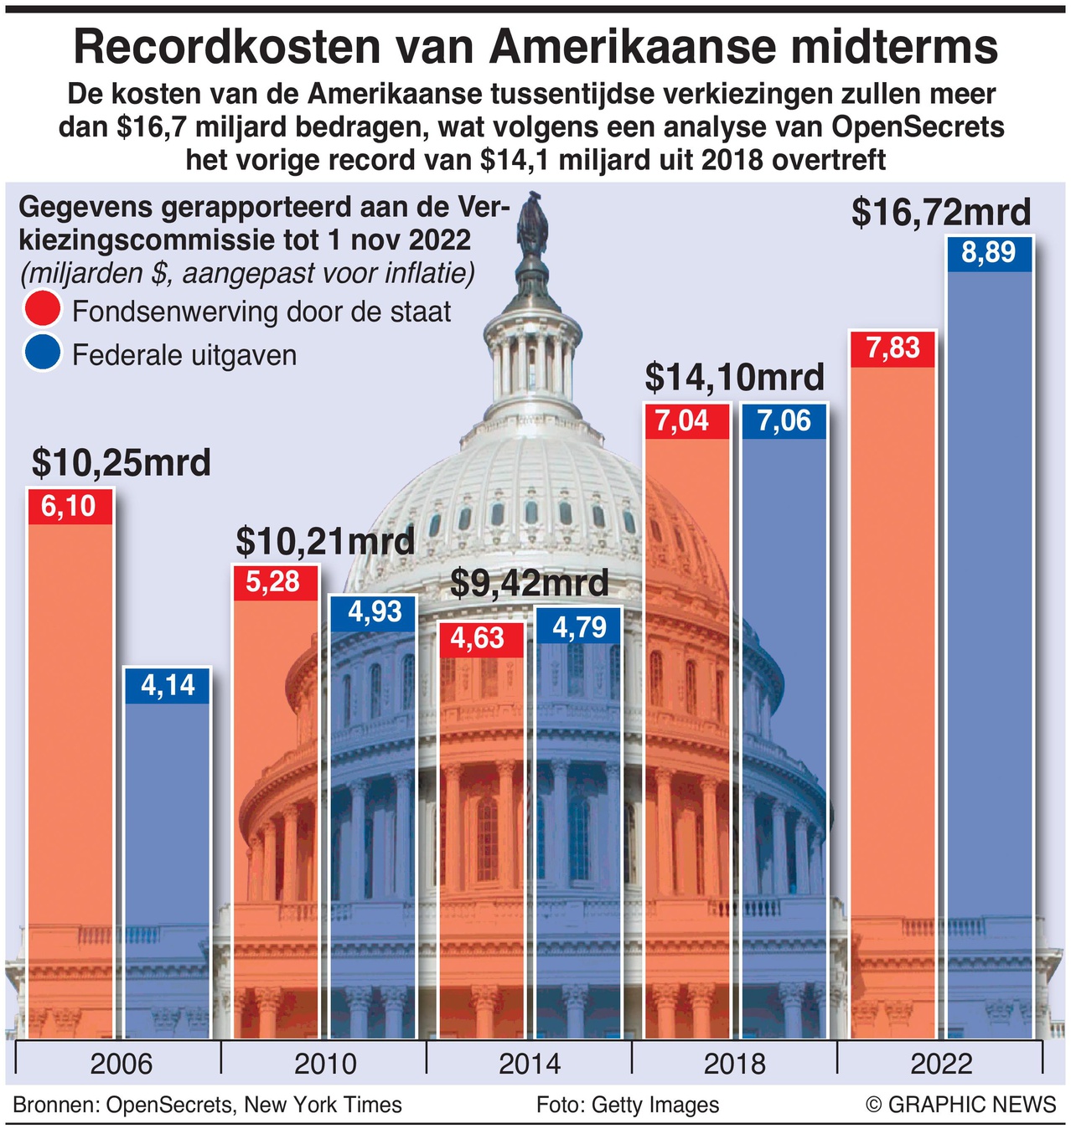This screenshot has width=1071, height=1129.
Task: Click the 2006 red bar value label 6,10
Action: click(70, 507)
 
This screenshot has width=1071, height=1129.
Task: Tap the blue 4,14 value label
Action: click(168, 686)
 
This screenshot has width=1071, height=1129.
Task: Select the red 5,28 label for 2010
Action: click(274, 582)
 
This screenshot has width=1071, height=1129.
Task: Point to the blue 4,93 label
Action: click(374, 613)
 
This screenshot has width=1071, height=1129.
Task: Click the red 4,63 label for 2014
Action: click(478, 639)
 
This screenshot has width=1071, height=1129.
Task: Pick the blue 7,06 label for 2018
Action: click(784, 421)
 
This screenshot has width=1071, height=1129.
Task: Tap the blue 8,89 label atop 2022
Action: click(989, 253)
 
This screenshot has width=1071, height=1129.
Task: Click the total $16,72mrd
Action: click(941, 212)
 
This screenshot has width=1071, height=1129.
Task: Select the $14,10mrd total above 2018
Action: click(735, 378)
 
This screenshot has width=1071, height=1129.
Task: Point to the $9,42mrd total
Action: click(530, 583)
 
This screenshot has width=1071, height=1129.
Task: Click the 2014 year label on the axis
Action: click(530, 1065)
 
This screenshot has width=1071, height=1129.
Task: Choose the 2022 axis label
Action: click(941, 1065)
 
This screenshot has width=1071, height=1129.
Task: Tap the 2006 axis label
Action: click(122, 1065)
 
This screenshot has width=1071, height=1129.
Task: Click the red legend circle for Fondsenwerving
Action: click(43, 309)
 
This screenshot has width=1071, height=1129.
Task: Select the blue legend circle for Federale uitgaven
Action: click(43, 353)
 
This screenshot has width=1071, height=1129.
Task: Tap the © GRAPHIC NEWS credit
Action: click(961, 1105)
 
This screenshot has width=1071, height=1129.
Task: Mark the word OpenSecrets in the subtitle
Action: click(918, 127)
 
